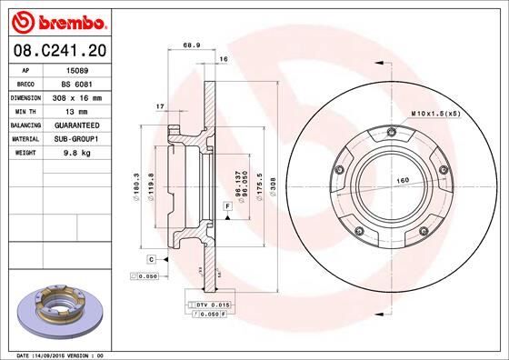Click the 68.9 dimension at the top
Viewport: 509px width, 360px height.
coord(192,44)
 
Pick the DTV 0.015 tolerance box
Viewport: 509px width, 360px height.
coord(205,304)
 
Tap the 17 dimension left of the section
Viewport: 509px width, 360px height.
coord(160,107)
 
